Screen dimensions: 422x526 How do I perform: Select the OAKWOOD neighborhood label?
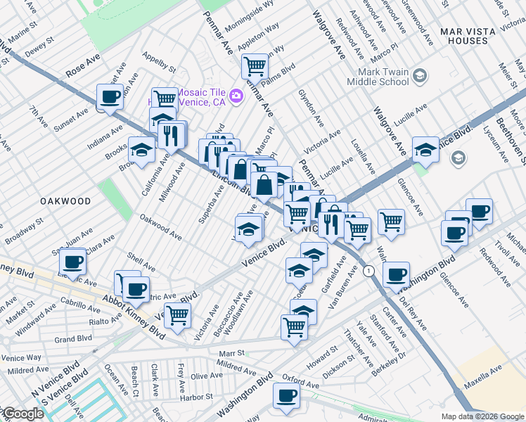pos(65,201)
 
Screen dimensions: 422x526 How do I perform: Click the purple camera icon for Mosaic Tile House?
pos(236,95)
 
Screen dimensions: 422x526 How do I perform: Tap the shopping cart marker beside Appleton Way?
pos(255,67)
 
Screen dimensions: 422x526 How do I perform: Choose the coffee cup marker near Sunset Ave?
pos(109,97)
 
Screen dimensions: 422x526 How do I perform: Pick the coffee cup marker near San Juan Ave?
pos(72,262)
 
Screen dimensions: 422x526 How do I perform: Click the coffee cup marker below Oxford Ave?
pos(286,396)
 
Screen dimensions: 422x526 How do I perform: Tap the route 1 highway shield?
pos(368,271)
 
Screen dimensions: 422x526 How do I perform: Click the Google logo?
pos(23,414)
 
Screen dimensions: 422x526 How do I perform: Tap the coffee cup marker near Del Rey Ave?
pos(396,274)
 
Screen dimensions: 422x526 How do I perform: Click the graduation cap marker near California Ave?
pos(141,151)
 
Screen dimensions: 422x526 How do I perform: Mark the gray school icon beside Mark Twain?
pos(420,75)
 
